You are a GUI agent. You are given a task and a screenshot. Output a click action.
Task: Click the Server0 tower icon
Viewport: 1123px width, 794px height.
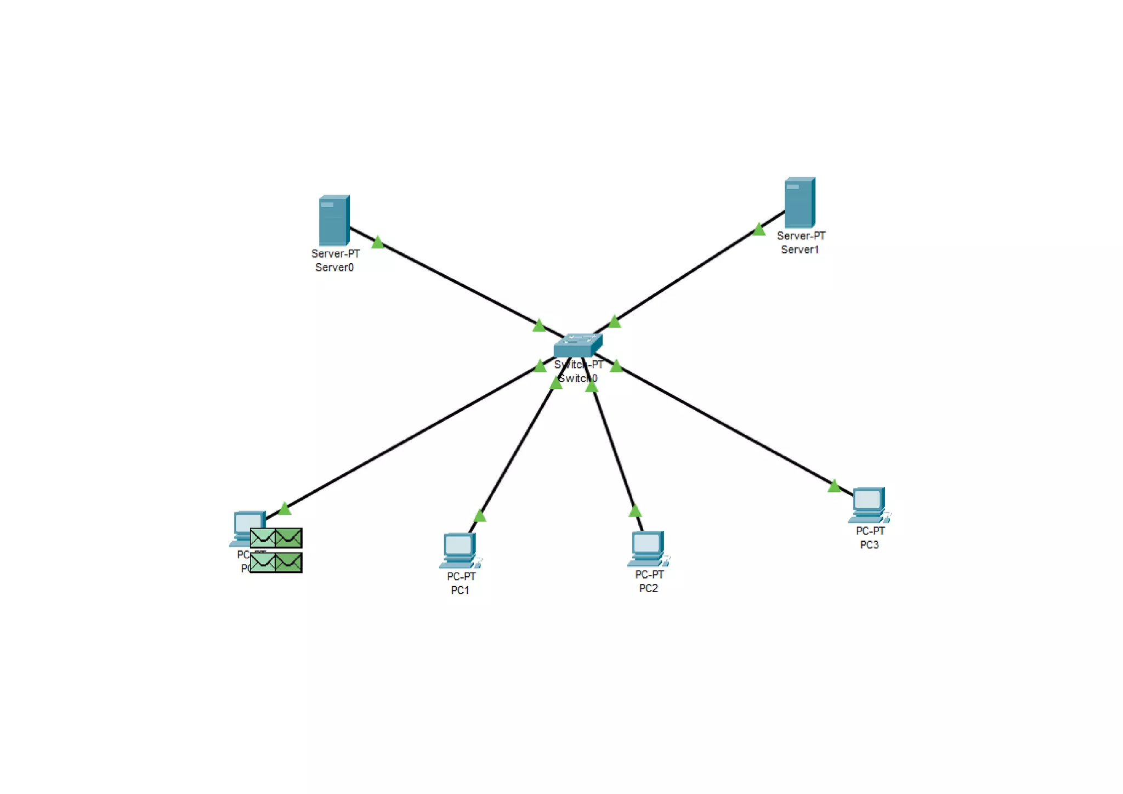(334, 220)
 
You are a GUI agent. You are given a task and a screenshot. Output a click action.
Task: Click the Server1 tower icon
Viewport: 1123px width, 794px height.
(799, 202)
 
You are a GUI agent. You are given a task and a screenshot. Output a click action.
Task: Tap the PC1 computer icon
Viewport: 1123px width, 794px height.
(460, 550)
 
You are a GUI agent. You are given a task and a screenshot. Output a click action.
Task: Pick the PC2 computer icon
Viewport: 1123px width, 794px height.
(648, 548)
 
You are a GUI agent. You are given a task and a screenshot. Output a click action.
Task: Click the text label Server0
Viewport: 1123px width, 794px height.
(334, 268)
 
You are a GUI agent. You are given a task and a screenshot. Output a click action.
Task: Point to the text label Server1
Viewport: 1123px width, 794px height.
(799, 249)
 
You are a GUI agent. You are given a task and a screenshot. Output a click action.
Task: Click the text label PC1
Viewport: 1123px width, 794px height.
(460, 590)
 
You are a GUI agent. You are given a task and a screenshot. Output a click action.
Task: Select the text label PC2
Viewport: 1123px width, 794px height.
(648, 588)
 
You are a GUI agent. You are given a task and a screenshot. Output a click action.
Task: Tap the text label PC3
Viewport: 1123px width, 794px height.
(869, 545)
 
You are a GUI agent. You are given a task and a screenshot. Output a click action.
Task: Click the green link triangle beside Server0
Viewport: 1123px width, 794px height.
(377, 242)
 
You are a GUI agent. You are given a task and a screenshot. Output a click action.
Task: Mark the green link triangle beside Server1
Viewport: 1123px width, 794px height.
(759, 229)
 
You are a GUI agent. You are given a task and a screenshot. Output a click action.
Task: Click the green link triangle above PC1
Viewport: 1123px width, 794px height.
(480, 515)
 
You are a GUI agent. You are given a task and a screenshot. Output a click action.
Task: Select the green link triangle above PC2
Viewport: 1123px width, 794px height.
(635, 512)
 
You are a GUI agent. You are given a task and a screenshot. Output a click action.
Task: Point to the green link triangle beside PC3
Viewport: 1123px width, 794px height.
(834, 486)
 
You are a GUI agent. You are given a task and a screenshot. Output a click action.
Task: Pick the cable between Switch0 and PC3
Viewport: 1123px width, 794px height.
(724, 426)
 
